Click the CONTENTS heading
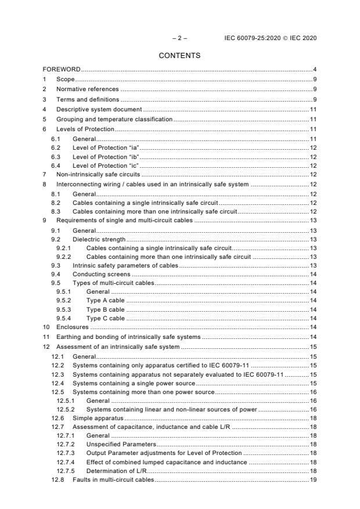[x=179, y=56]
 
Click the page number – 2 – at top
[x=179, y=38]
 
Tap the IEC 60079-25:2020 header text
[x=270, y=38]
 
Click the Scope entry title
[x=65, y=80]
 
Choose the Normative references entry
[x=87, y=89]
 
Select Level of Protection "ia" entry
[x=103, y=149]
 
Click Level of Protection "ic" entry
[x=103, y=166]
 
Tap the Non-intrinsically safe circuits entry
[x=98, y=175]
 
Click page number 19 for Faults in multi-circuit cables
[x=312, y=480]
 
